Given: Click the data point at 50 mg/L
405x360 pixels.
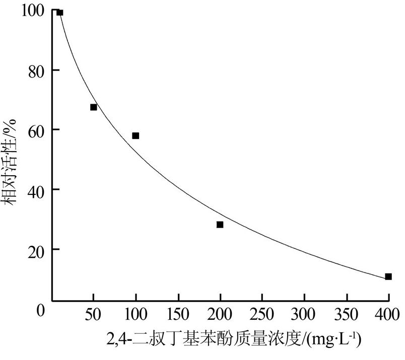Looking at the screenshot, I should coord(94,107).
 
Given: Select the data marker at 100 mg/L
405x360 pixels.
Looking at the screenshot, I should coord(136,136).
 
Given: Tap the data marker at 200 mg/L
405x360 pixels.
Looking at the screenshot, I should coord(220,225).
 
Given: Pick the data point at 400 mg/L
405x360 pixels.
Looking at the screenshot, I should coord(388,276).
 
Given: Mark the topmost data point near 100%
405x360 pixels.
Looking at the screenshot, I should coord(60,13).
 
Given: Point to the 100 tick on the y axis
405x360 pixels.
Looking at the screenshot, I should coord(33,10).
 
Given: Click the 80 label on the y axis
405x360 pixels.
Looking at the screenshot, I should coord(36,70).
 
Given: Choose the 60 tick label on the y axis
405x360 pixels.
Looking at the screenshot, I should coord(36,130).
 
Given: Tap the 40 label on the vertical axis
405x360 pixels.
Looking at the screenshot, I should coord(36,190).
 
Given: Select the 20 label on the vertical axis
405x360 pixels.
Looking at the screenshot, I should coord(36,250).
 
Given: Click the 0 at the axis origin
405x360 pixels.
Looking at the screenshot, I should coord(41,310).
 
